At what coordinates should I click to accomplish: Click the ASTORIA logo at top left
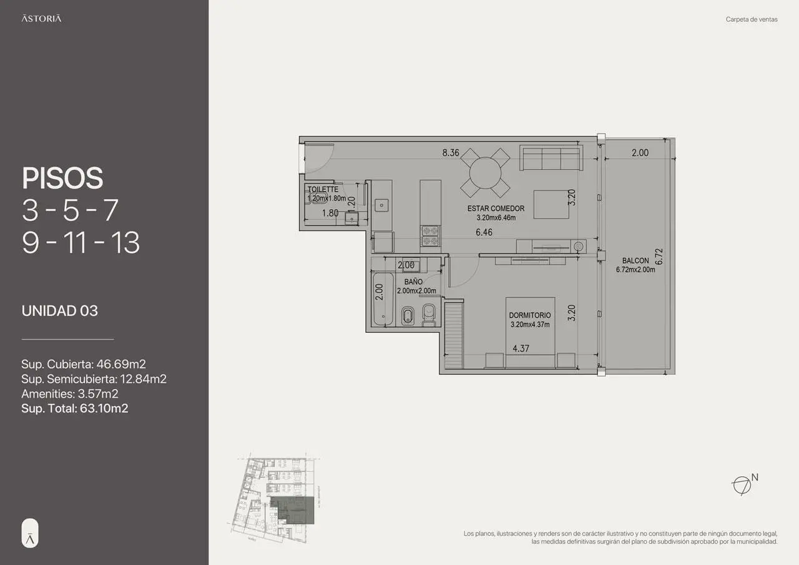pyautogui.click(x=41, y=19)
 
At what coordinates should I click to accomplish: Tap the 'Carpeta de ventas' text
pyautogui.click(x=752, y=19)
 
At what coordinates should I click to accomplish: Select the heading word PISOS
pyautogui.click(x=62, y=179)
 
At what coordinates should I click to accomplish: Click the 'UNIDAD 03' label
pyautogui.click(x=60, y=311)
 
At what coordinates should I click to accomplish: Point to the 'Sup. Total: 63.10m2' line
pyautogui.click(x=75, y=409)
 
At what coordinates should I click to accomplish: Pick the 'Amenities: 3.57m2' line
pyautogui.click(x=70, y=394)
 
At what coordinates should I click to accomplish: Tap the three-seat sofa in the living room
pyautogui.click(x=551, y=159)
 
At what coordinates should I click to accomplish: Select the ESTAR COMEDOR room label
pyautogui.click(x=496, y=209)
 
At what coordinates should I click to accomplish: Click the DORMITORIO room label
pyautogui.click(x=529, y=316)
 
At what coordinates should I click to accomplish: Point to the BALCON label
pyautogui.click(x=635, y=261)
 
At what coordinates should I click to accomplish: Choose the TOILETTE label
pyautogui.click(x=323, y=189)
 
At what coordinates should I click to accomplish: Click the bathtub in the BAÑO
pyautogui.click(x=383, y=300)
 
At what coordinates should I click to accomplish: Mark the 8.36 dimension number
pyautogui.click(x=451, y=153)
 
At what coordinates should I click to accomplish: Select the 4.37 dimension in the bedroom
pyautogui.click(x=521, y=349)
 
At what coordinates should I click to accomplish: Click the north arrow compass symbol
pyautogui.click(x=740, y=485)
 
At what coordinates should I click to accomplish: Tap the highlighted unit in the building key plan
pyautogui.click(x=293, y=509)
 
